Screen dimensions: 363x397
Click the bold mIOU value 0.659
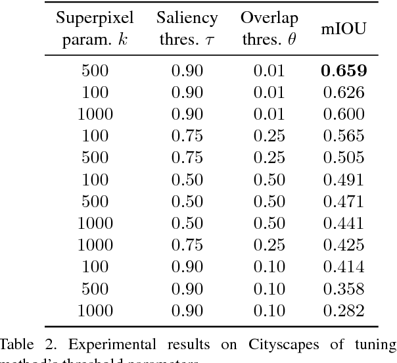(x=344, y=70)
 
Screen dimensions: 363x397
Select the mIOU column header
(x=344, y=29)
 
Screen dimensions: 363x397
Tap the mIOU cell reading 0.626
(x=344, y=92)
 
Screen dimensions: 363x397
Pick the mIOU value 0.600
(x=344, y=114)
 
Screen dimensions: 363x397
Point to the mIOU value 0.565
(x=344, y=135)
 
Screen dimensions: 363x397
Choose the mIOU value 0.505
(x=344, y=157)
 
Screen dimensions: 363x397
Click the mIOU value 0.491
(x=344, y=179)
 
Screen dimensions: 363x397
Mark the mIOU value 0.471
(x=344, y=201)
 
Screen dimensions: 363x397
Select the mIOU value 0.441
(x=344, y=222)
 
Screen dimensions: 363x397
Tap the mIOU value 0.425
(x=344, y=244)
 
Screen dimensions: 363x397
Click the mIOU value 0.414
(x=344, y=266)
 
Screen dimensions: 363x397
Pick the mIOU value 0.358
(x=344, y=287)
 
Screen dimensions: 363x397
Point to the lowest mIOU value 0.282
(x=344, y=309)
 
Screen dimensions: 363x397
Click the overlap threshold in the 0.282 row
(x=269, y=309)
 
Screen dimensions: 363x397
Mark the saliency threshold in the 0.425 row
(x=187, y=244)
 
